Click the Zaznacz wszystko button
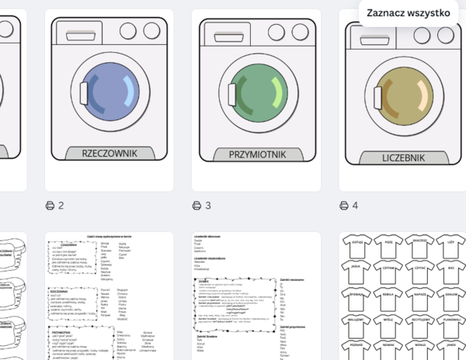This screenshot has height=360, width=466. click(x=409, y=13)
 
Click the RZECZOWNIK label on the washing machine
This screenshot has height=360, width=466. click(x=108, y=153)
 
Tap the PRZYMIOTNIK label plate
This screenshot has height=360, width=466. click(x=256, y=154)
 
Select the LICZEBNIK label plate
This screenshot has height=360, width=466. click(x=403, y=157)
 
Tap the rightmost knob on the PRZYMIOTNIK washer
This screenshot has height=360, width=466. click(x=297, y=33)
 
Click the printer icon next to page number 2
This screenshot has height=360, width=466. click(x=50, y=206)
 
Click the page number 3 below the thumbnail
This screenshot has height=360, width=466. click(x=208, y=206)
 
